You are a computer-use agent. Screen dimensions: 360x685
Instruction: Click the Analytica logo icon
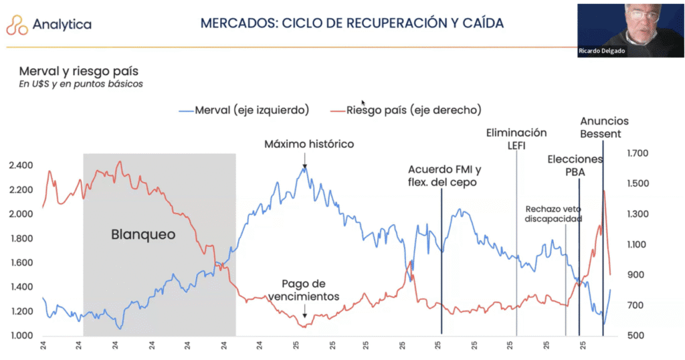click(17, 25)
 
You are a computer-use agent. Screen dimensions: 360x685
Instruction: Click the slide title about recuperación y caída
click(353, 23)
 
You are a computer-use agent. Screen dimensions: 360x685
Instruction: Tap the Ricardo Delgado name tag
click(603, 51)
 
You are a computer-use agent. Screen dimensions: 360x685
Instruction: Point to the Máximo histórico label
click(308, 144)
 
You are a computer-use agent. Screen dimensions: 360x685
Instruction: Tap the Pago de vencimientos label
click(305, 289)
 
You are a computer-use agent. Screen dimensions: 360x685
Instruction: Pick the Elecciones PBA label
click(575, 166)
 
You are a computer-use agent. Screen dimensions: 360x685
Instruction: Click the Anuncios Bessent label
click(604, 128)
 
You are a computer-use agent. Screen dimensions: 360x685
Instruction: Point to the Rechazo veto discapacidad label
click(553, 213)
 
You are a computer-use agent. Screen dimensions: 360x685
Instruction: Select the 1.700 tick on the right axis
click(638, 153)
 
